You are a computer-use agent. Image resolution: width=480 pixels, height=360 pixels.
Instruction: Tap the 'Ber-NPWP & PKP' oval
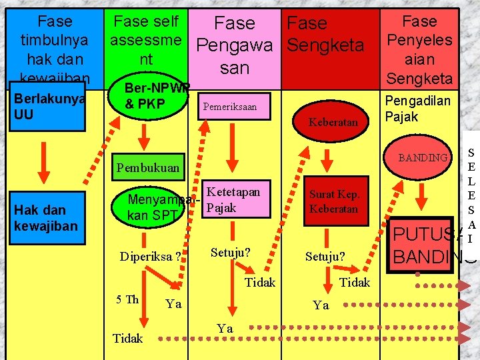[149, 98]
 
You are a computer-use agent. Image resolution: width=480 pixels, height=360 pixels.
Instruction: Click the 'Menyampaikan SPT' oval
[155, 207]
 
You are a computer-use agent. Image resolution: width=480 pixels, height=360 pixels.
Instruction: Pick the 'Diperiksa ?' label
[150, 257]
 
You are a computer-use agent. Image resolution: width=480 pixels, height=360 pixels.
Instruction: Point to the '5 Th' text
[127, 299]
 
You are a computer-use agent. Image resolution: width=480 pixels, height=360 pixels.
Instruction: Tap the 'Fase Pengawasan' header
[235, 45]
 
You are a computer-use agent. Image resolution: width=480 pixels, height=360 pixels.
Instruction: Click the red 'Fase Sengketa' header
[325, 35]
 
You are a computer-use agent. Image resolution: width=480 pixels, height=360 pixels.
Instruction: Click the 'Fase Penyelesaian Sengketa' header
[419, 49]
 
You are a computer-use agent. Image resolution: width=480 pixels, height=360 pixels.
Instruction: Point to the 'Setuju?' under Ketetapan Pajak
[230, 253]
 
